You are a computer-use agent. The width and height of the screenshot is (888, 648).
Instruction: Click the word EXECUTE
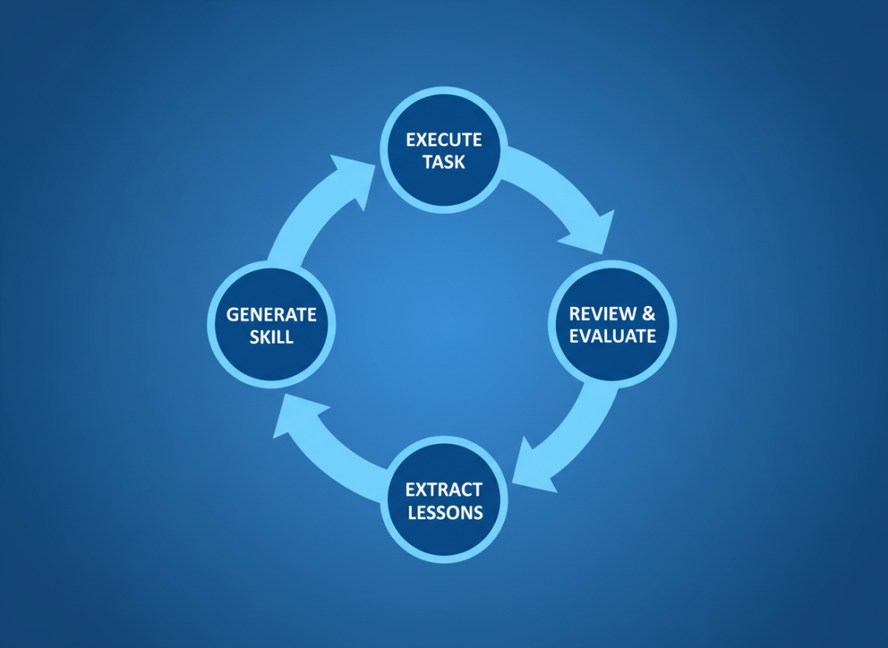click(x=444, y=140)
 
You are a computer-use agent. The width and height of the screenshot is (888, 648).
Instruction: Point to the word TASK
click(x=444, y=162)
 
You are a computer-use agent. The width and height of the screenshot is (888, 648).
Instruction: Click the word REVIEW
click(x=603, y=314)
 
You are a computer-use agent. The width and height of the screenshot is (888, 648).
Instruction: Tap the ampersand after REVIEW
click(x=649, y=314)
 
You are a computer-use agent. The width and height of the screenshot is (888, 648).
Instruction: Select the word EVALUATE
click(x=613, y=336)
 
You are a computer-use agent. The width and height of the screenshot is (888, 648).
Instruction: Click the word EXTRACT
click(x=444, y=490)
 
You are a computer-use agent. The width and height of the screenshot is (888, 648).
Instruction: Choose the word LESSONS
click(x=444, y=512)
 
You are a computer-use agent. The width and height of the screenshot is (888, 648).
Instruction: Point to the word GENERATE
click(x=271, y=315)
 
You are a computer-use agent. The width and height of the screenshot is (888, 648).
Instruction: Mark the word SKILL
click(x=271, y=337)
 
